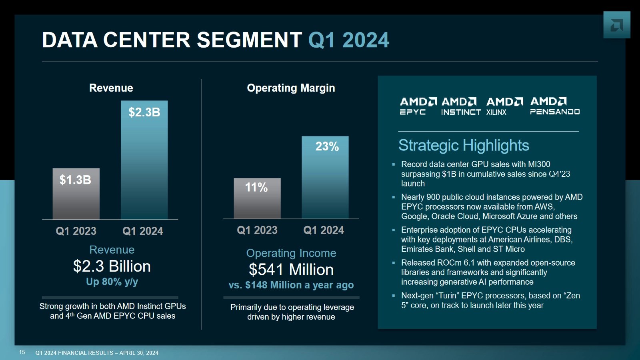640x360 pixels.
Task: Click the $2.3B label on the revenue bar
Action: pos(144,112)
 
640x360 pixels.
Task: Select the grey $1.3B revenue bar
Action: pos(76,194)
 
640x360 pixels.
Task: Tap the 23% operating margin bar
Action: pos(325,178)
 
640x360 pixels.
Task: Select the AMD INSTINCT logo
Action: pos(461,106)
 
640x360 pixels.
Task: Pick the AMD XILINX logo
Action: pos(504,106)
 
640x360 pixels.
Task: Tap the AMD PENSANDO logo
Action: pos(555,106)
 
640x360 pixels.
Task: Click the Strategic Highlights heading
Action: pos(463,145)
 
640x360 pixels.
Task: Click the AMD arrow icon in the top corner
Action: pos(616,25)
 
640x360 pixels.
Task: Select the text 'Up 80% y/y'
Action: pos(112,282)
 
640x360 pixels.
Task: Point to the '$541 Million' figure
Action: pos(291,270)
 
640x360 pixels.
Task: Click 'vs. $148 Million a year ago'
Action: pos(291,285)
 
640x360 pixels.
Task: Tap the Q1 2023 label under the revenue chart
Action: pos(76,231)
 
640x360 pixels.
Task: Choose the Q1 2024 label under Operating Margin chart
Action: pos(324,230)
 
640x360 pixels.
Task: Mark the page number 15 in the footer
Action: pos(22,352)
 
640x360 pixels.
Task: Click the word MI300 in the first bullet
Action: pos(539,164)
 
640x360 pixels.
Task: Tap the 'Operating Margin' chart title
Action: pos(291,88)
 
